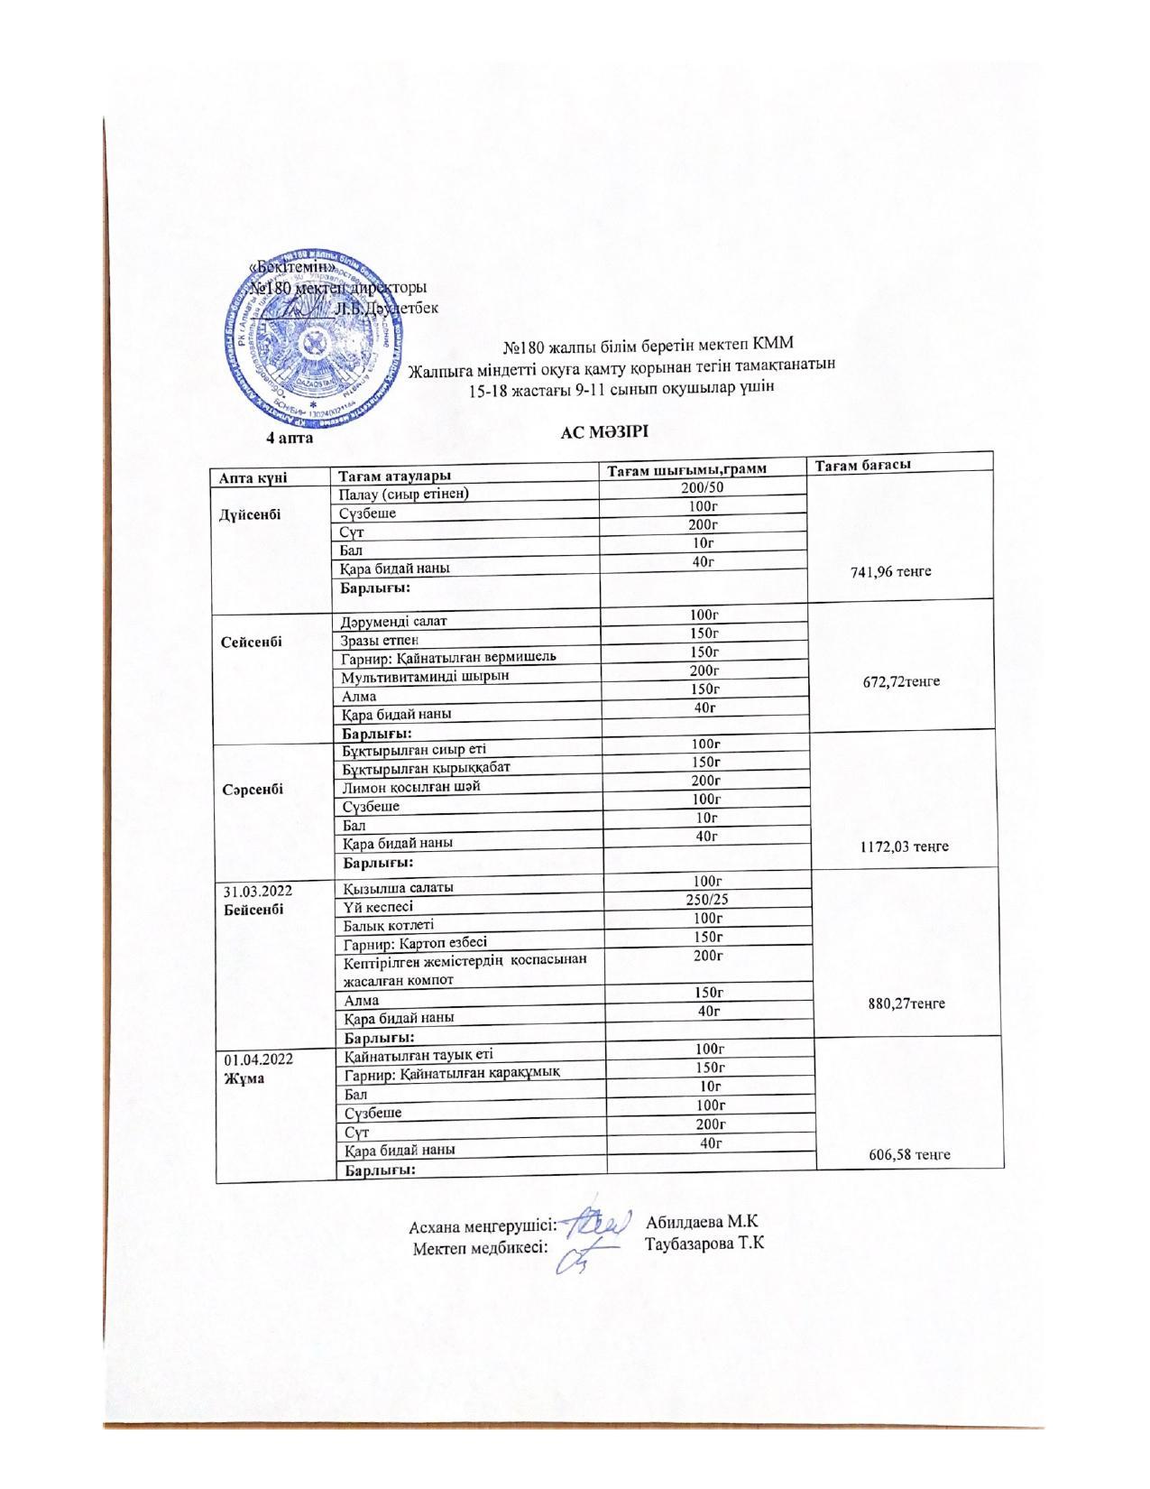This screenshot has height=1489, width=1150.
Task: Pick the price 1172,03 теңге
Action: pos(905,846)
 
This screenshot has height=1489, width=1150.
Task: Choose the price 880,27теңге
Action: pos(906,1003)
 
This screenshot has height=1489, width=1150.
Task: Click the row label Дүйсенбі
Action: pos(250,514)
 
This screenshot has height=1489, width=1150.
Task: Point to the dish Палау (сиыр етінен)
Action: pos(404,494)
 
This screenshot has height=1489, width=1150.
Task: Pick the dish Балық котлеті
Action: pos(388,925)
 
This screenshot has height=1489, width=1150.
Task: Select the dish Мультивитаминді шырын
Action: pos(425,676)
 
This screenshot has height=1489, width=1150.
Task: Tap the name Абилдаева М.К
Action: pos(702,1223)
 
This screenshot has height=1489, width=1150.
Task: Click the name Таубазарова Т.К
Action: pos(704,1244)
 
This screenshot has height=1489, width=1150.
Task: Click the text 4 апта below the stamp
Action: pos(289,438)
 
